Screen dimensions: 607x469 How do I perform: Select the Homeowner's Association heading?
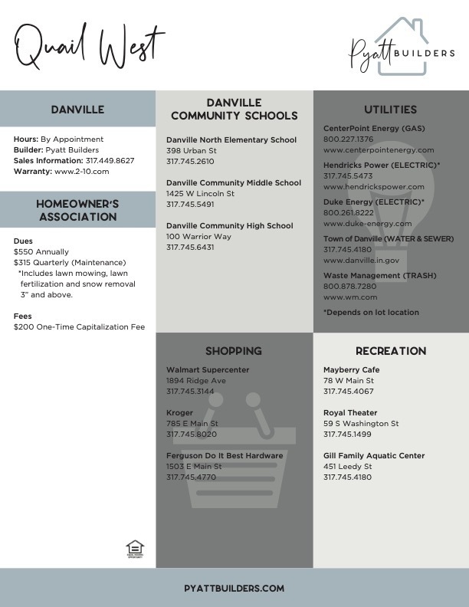pos(77,210)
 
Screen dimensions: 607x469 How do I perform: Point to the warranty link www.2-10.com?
pos(83,172)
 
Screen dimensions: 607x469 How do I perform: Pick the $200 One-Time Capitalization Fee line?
pos(79,326)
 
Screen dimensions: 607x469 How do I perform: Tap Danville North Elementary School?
pos(231,140)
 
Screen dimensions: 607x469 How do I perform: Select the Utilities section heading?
pos(391,110)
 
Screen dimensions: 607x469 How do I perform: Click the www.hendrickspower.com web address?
pos(373,186)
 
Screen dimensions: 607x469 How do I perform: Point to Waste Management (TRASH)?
pos(374,275)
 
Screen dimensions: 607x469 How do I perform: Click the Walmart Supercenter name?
pos(208,370)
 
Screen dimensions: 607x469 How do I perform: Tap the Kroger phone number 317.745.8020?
pos(192,434)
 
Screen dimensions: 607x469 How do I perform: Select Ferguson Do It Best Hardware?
pos(225,455)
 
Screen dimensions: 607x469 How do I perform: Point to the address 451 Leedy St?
pos(348,466)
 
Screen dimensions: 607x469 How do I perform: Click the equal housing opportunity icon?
pos(135,549)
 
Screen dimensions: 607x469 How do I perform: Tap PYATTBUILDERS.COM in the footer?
pos(235,588)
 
